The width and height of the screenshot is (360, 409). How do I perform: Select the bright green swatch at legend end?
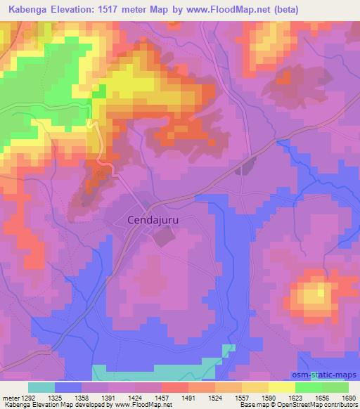click(x=335, y=387)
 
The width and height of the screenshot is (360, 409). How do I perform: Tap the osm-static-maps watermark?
click(x=323, y=376)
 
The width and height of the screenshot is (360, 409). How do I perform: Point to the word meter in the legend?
click(x=8, y=397)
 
